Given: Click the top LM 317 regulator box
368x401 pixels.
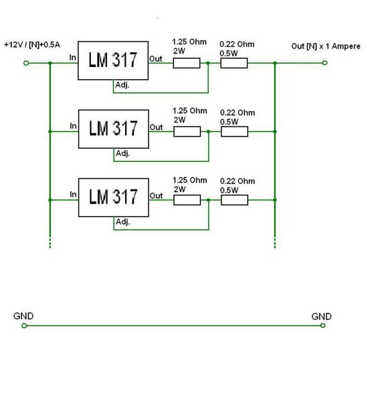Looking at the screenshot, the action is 113,61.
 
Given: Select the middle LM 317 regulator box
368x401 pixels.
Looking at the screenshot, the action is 114,129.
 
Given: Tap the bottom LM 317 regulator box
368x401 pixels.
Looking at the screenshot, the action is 114,197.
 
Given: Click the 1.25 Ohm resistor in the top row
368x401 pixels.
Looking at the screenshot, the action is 187,63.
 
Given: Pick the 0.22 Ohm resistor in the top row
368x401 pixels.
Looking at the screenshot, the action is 234,63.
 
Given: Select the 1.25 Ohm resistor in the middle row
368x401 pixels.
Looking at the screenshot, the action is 187,131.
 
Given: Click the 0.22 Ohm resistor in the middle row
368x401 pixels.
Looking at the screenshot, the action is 235,131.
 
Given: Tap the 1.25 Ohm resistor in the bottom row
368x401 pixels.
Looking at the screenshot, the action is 187,200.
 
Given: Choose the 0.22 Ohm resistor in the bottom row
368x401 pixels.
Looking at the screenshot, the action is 235,200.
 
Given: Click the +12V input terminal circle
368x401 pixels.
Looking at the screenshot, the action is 26,63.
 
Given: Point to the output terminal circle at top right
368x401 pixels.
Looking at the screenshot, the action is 325,63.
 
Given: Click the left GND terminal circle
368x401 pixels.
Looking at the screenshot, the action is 24,325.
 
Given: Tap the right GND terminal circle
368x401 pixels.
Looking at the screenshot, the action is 323,325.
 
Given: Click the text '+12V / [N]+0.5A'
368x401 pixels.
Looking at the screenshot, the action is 32,45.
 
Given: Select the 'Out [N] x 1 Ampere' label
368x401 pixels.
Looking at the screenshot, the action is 326,46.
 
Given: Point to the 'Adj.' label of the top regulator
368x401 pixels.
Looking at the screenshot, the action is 122,85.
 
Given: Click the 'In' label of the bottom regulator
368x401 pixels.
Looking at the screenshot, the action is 74,194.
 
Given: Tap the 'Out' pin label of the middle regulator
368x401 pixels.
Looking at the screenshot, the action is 156,127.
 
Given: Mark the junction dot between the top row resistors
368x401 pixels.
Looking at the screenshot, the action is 208,63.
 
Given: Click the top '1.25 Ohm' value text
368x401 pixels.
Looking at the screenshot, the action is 189,42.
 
